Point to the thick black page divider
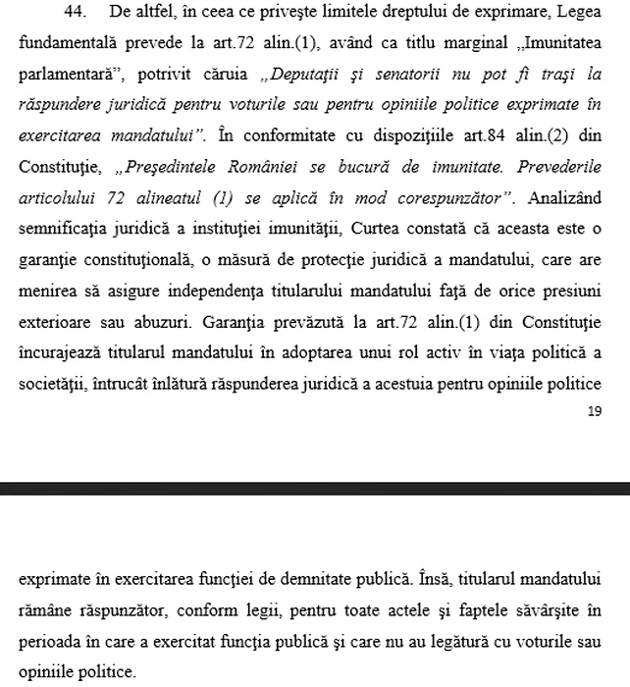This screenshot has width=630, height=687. [x=315, y=487]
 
